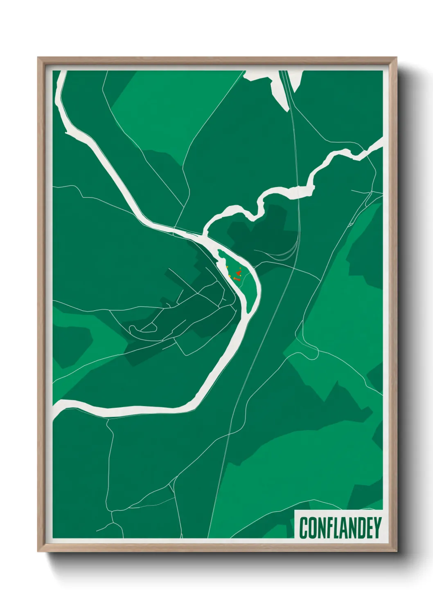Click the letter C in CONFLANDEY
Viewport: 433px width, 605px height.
click(304, 528)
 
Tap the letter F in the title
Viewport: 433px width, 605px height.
click(328, 528)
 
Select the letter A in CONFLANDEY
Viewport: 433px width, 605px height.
click(344, 528)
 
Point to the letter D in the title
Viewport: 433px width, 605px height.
click(361, 528)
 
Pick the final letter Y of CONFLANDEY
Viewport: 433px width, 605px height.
click(377, 528)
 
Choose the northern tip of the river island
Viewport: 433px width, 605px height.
click(219, 250)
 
